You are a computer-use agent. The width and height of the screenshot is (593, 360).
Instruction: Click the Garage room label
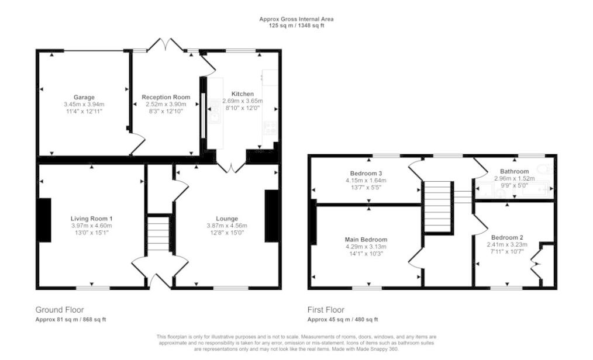(x=84, y=97)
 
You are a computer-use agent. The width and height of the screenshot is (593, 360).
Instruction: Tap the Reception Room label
(x=166, y=97)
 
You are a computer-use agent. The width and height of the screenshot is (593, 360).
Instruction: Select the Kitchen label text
(x=243, y=94)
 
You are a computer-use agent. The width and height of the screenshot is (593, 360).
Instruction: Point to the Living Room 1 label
(x=91, y=219)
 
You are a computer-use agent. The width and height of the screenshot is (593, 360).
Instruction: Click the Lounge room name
(x=227, y=219)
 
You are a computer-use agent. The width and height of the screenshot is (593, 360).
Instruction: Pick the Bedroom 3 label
(x=366, y=174)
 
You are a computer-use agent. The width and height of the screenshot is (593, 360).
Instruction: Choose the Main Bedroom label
(x=366, y=240)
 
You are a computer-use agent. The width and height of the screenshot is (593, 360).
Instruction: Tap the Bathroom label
(x=514, y=171)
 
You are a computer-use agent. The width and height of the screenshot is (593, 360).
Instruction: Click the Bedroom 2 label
(x=507, y=237)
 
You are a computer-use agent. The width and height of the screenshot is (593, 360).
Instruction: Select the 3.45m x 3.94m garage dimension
(x=84, y=104)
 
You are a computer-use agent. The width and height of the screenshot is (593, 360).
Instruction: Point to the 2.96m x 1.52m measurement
(x=514, y=178)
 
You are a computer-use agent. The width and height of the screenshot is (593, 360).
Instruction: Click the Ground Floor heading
(x=60, y=310)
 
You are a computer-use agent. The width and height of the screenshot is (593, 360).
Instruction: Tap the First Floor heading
(x=326, y=310)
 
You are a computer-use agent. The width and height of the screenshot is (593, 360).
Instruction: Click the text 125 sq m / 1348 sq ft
(x=296, y=26)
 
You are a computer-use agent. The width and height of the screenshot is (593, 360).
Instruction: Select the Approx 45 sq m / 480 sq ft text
(x=343, y=320)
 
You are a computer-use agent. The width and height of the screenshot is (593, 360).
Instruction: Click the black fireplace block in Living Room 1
(x=44, y=220)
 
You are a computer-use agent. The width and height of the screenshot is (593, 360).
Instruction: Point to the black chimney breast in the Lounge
(x=272, y=216)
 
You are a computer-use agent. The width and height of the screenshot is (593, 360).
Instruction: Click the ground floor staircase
(x=158, y=233)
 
